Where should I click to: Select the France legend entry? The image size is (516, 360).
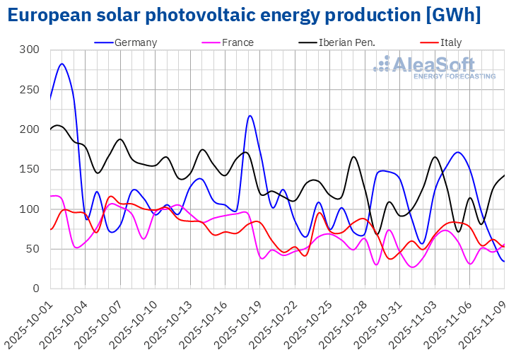click(238, 42)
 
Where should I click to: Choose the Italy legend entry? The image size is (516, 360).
click(450, 42)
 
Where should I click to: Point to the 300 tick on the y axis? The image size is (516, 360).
click(30, 50)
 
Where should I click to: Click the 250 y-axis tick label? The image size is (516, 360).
click(30, 90)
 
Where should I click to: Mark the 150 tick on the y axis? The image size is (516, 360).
click(30, 170)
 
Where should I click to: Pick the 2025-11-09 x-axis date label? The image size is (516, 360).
click(483, 322)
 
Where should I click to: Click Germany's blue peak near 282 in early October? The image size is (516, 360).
click(62, 64)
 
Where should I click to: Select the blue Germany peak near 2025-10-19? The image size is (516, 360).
click(250, 116)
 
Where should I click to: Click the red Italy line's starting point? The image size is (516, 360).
click(50, 229)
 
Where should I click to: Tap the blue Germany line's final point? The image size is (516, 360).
click(504, 261)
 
